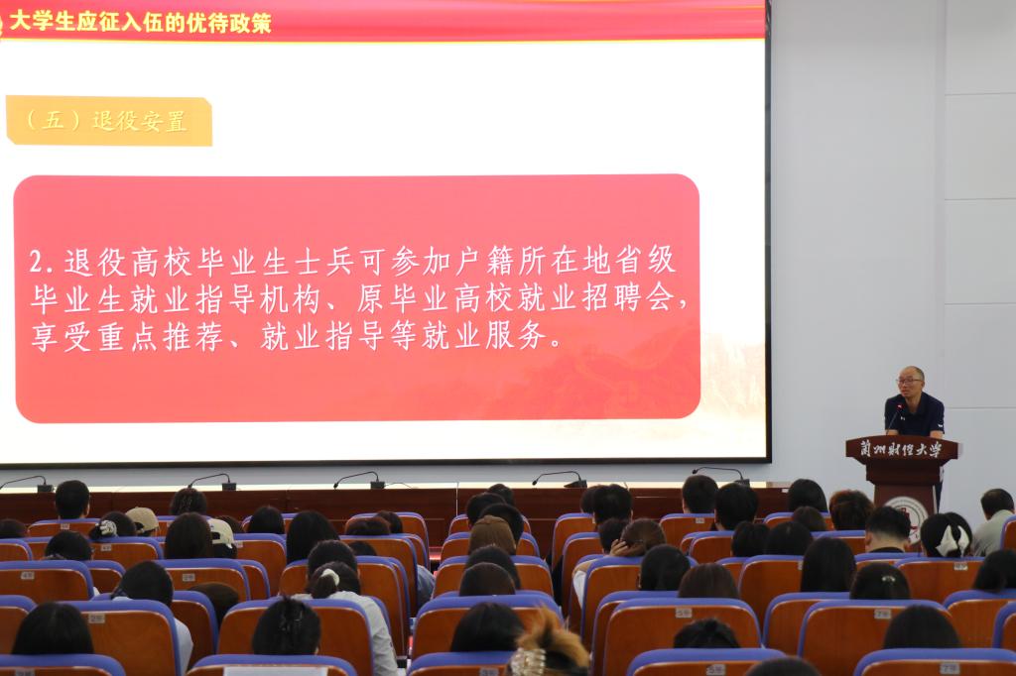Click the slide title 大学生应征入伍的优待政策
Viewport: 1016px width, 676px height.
(140, 23)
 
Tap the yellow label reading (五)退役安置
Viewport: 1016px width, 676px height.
(109, 121)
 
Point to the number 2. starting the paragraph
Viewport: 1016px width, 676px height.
(43, 263)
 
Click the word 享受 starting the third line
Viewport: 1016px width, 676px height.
(62, 337)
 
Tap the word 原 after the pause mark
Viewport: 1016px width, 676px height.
(371, 298)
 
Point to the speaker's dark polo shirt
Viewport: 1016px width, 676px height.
(914, 415)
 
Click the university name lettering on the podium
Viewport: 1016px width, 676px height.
(901, 448)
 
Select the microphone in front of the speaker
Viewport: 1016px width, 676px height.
(894, 418)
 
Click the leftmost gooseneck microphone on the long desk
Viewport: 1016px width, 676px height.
(29, 482)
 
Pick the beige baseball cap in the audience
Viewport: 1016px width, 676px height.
(142, 518)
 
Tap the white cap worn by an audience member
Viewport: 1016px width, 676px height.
(221, 532)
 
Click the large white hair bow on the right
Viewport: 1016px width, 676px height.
(952, 539)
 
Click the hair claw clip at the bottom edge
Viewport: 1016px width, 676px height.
(528, 662)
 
